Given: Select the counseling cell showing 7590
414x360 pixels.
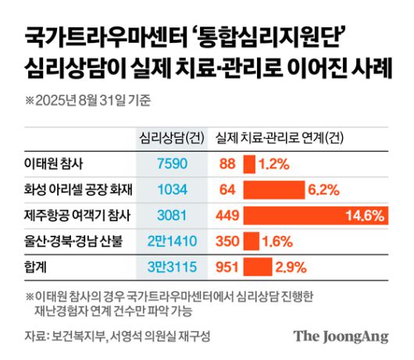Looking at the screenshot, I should pyautogui.click(x=166, y=165).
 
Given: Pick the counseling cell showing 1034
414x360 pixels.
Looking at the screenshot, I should pyautogui.click(x=166, y=189).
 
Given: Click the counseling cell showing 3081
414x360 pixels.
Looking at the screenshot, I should pyautogui.click(x=166, y=214).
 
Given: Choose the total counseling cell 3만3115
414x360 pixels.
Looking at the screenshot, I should pyautogui.click(x=166, y=267).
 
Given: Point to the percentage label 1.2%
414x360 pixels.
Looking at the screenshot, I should pyautogui.click(x=274, y=165).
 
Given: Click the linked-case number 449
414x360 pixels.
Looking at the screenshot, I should pyautogui.click(x=226, y=214).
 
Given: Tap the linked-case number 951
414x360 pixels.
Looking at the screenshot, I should pyautogui.click(x=226, y=267).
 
